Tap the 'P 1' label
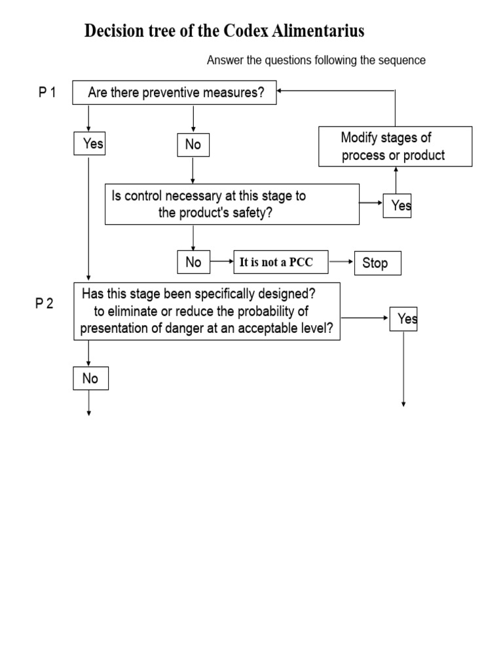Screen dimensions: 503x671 click(47, 92)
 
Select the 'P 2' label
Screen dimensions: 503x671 click(44, 303)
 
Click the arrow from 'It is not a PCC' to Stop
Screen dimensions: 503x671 click(341, 262)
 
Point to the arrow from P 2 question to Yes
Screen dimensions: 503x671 click(365, 318)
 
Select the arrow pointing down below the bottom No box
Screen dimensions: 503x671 click(89, 403)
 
